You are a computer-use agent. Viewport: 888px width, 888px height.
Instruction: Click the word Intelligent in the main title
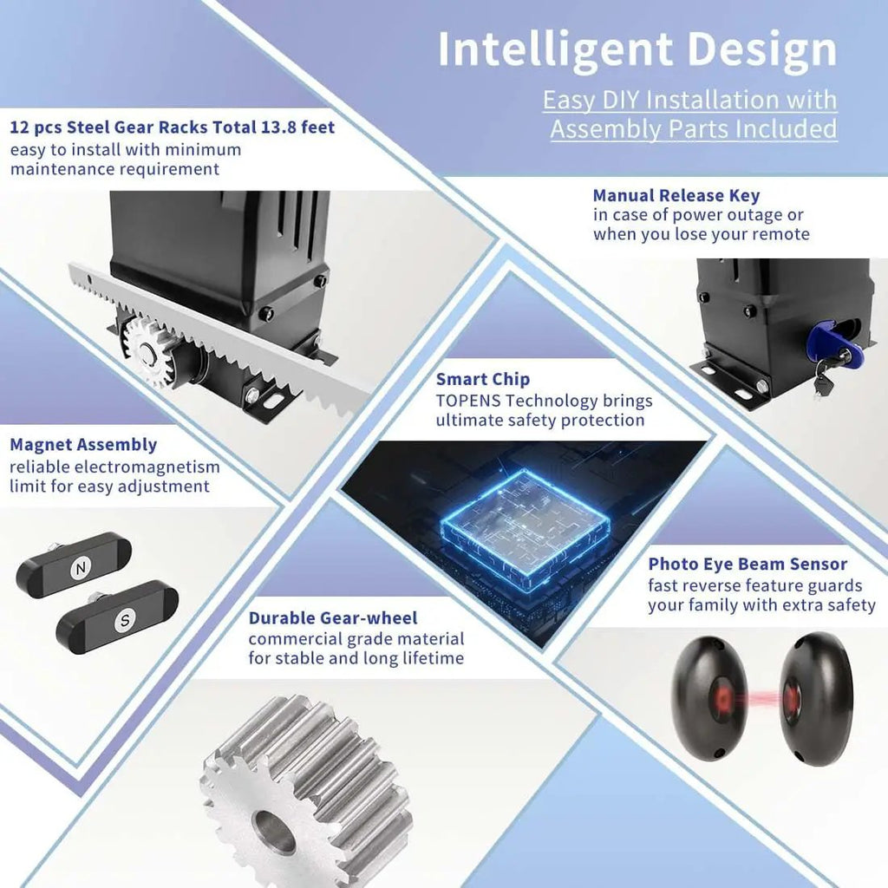click(556, 49)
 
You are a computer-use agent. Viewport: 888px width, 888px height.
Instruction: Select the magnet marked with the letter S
click(117, 617)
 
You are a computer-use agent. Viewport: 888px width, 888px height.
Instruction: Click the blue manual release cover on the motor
click(834, 343)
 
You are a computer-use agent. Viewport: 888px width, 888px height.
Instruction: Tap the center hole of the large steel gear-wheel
click(273, 830)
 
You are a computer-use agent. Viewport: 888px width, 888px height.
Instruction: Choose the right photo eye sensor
click(815, 699)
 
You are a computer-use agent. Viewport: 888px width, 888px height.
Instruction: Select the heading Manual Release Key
click(676, 195)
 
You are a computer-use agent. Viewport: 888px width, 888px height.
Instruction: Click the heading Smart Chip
click(482, 379)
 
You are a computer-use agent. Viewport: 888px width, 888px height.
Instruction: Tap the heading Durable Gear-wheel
click(333, 617)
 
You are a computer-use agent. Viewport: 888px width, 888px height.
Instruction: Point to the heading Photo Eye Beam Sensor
click(748, 564)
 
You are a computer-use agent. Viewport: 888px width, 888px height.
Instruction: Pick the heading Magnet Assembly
click(83, 445)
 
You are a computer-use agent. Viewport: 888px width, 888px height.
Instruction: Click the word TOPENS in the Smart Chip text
click(468, 401)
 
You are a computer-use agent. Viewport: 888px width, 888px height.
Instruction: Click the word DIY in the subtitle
click(621, 101)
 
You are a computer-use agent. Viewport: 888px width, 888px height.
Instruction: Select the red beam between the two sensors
click(763, 699)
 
